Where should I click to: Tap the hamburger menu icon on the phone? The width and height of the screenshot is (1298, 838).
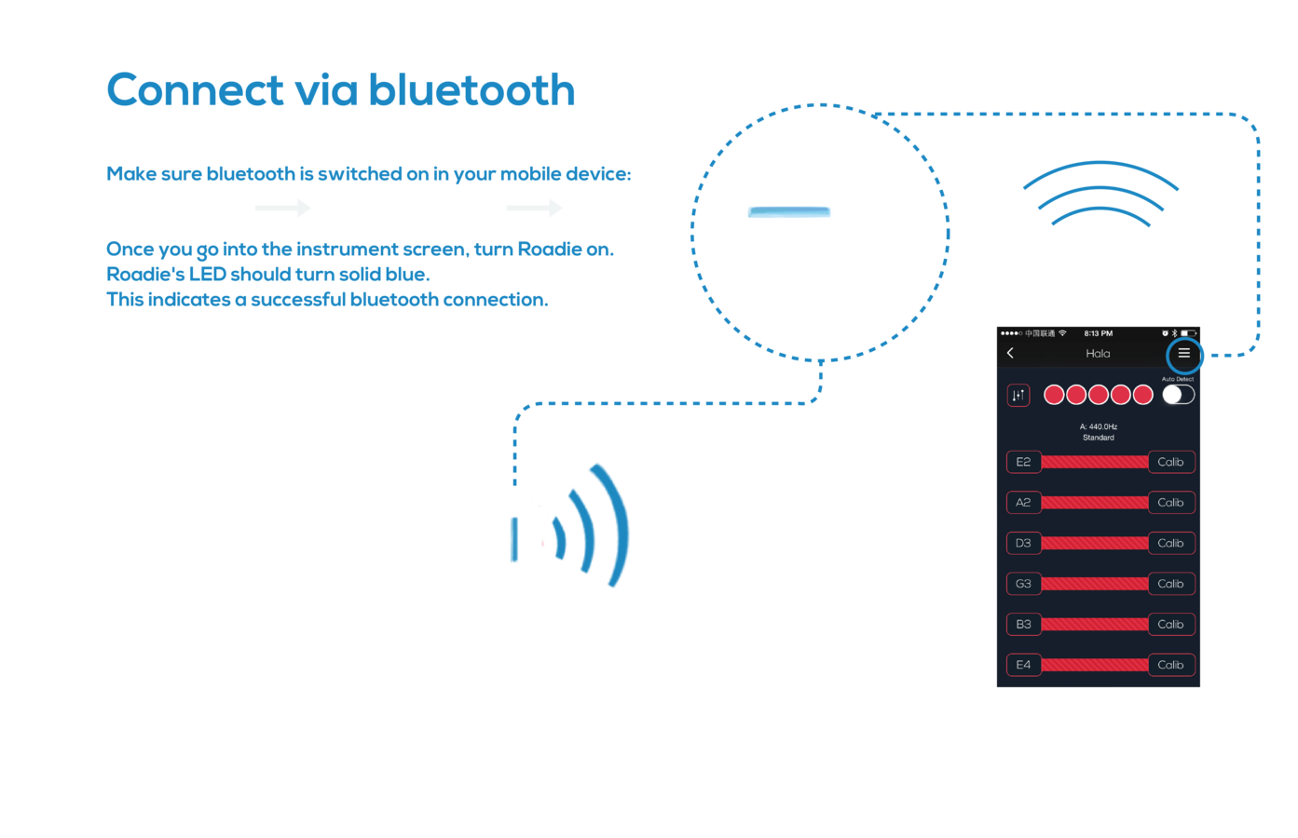point(1183,354)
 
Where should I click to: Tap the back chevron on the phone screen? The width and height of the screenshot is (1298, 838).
point(1010,353)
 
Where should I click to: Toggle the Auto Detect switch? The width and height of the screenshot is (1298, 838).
point(1178,395)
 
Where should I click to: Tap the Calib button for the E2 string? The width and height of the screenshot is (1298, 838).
point(1170,462)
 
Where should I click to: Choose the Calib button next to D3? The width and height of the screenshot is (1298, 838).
point(1170,543)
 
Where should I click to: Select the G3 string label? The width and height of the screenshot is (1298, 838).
point(1023,584)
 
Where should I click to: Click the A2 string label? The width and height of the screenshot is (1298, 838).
point(1023,503)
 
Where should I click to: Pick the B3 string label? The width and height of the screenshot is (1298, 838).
point(1023,625)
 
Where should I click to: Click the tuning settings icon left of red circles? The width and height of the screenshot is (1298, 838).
point(1018,395)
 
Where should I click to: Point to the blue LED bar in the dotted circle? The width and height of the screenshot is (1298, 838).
point(788,213)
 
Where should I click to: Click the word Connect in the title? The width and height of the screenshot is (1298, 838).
point(195,91)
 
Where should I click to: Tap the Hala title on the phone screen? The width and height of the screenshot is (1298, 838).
point(1098,354)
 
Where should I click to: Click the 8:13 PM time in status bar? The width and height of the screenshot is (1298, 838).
point(1098,333)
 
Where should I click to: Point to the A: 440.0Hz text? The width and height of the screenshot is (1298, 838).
point(1098,426)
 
